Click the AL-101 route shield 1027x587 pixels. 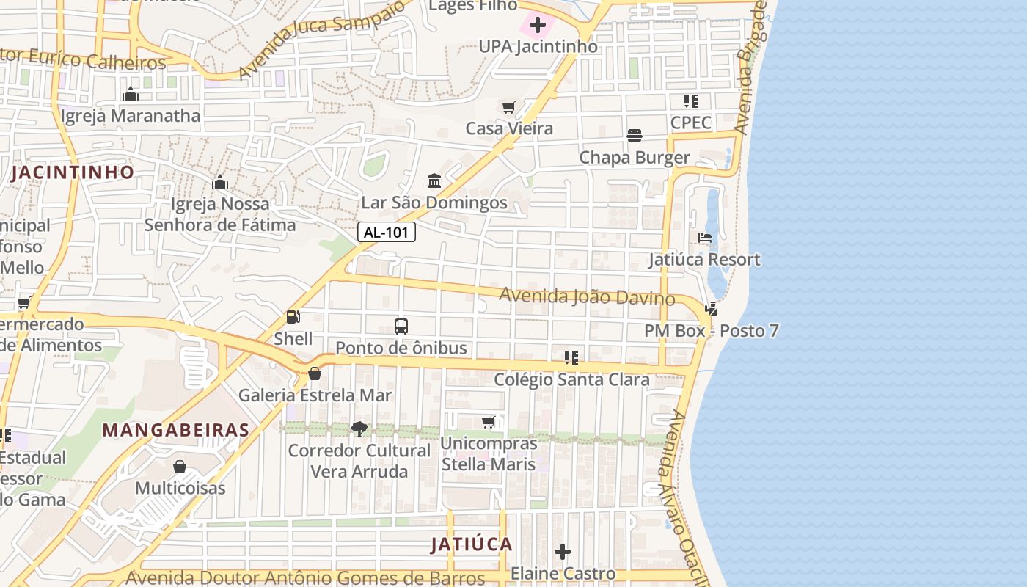[x=387, y=233]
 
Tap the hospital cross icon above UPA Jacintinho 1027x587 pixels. [x=538, y=25]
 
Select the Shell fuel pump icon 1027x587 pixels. [x=293, y=317]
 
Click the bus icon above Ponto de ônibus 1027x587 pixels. [x=401, y=326]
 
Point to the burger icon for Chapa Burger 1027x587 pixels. [x=635, y=136]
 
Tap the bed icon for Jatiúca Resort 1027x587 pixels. [x=705, y=238]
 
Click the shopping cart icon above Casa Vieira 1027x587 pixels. [x=509, y=107]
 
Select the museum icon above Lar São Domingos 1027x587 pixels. [x=434, y=181]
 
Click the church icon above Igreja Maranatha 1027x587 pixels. [x=131, y=94]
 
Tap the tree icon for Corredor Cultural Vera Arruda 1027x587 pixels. [x=359, y=429]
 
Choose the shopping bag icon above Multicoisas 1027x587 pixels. [x=180, y=467]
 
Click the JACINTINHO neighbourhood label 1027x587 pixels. [x=73, y=172]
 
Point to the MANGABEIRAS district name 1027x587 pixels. [x=175, y=430]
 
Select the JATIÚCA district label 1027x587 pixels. [x=471, y=544]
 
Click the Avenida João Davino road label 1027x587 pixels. [x=587, y=296]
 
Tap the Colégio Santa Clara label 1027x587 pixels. [x=571, y=379]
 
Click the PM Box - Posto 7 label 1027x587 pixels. [x=711, y=331]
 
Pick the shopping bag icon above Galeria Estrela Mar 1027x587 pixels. [x=315, y=373]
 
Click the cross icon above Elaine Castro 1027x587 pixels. [x=563, y=552]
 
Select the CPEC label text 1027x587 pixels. [x=691, y=122]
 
